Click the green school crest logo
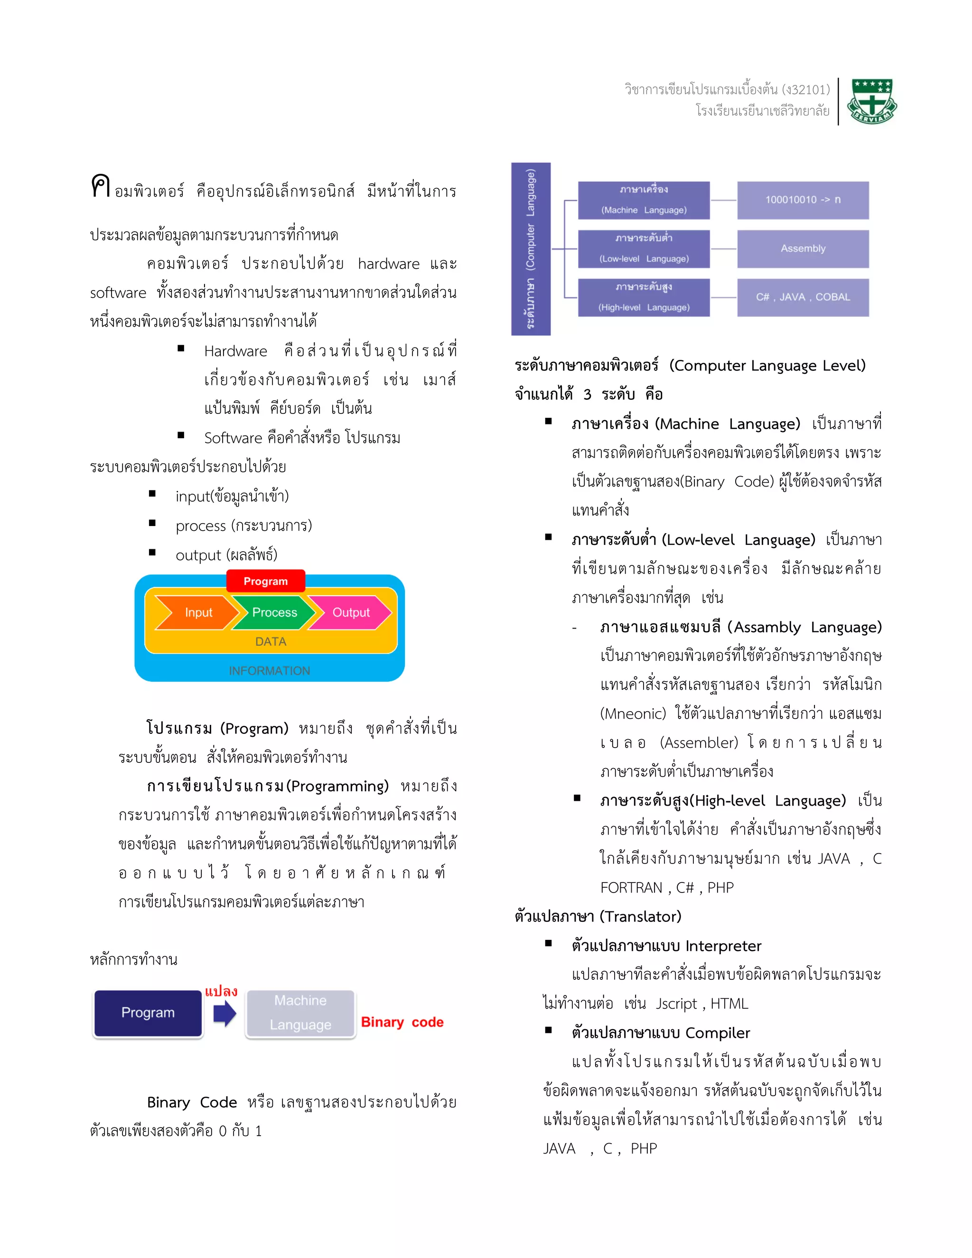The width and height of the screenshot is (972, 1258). point(872,102)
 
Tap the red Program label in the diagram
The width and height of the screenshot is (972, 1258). point(265,581)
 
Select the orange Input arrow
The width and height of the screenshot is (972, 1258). point(196,612)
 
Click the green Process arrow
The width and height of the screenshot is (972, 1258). point(273,612)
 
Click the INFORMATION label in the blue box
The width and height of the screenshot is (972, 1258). point(270,670)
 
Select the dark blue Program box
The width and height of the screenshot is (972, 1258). point(148,1013)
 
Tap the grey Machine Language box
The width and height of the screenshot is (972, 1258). point(300,1013)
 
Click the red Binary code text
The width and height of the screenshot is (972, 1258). point(402,1022)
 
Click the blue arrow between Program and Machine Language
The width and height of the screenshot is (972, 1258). point(224,1014)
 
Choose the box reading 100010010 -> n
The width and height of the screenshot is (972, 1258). point(803,200)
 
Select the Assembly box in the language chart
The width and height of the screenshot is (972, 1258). point(803,249)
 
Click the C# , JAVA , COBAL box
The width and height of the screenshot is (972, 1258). point(803,297)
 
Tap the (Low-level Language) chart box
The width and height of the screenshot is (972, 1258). point(644,249)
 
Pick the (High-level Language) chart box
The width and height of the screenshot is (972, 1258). point(644,297)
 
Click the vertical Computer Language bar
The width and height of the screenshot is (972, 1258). point(530,249)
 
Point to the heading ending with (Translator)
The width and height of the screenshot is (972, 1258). point(598,916)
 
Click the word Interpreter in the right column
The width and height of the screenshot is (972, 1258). point(723,946)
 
